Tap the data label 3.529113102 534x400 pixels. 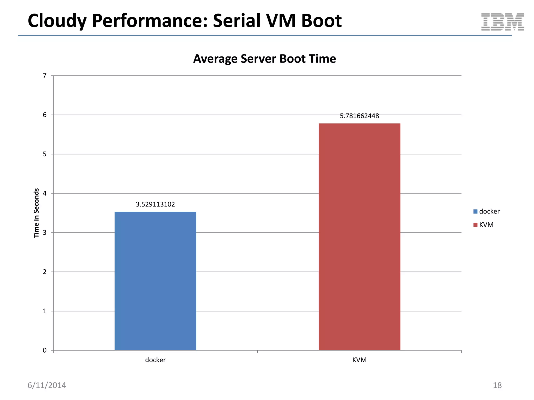click(155, 204)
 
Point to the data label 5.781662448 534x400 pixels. click(359, 116)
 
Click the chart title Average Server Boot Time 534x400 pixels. click(264, 59)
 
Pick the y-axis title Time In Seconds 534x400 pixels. click(37, 213)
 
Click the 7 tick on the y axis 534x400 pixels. click(45, 76)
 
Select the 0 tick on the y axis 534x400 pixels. click(45, 351)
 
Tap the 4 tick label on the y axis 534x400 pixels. click(45, 193)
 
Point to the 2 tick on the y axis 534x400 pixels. click(45, 272)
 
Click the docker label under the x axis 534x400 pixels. click(155, 360)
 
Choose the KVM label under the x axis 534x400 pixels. click(359, 360)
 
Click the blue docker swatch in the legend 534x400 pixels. click(475, 211)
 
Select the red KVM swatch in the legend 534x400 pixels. click(475, 225)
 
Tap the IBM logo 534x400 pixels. click(502, 22)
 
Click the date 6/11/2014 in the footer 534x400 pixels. click(47, 385)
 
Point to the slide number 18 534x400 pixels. click(497, 385)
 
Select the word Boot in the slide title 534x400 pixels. click(321, 21)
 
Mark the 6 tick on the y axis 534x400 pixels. click(45, 115)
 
